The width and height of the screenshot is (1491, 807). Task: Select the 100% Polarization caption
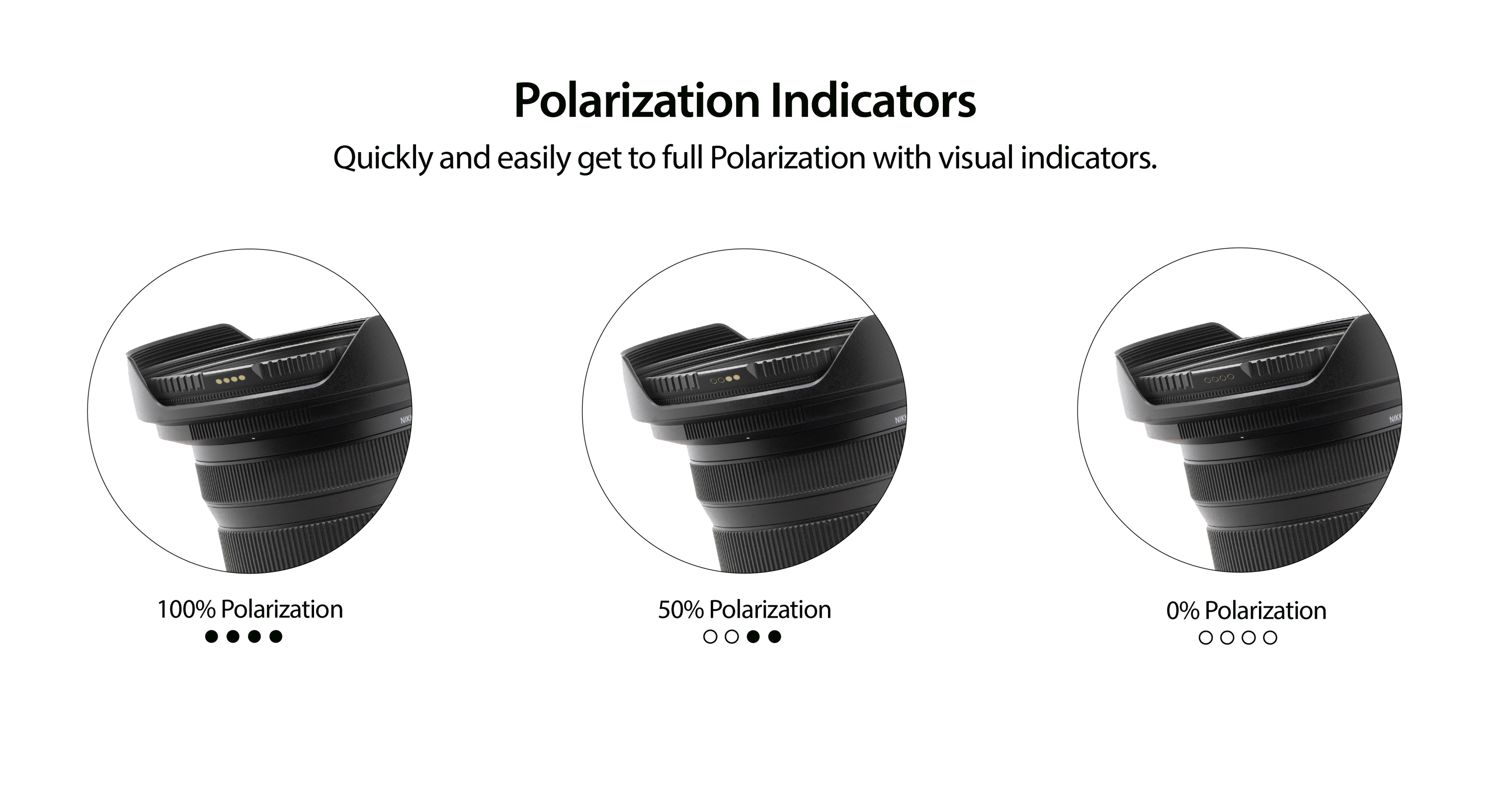[250, 610]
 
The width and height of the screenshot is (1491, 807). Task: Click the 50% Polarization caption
[745, 610]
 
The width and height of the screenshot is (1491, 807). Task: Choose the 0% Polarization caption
[1246, 611]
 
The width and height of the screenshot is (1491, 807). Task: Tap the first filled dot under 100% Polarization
[212, 637]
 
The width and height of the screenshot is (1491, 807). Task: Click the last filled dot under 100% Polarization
[276, 637]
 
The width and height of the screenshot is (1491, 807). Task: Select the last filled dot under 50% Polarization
[774, 637]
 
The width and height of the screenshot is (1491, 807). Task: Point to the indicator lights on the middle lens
[725, 379]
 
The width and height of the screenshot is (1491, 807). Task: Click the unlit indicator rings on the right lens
[1219, 379]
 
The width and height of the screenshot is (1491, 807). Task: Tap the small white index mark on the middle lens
[748, 438]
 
